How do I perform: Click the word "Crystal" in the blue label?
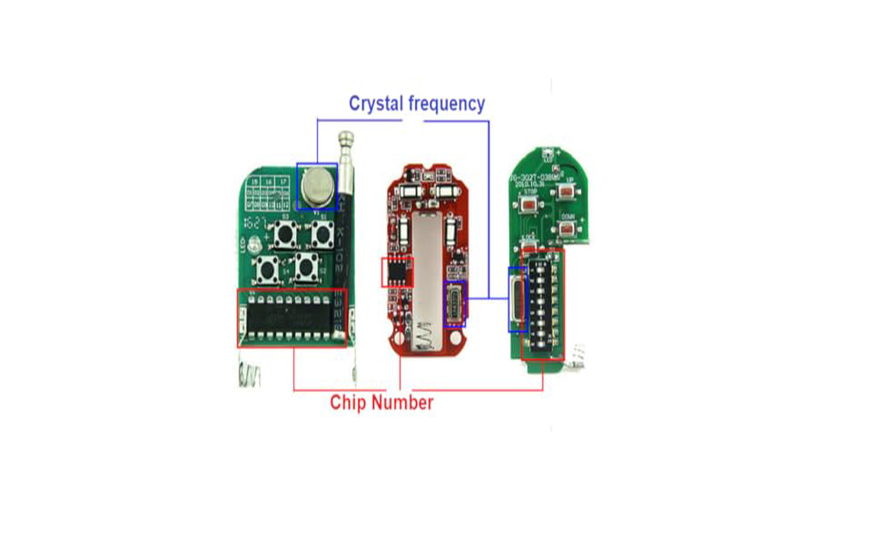coord(377,104)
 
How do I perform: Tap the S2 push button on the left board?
coord(268,269)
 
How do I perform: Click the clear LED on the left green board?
coord(253,244)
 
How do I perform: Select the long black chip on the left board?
coord(291,318)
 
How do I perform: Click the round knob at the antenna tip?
coord(346,139)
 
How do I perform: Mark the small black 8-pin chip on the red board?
coord(396,271)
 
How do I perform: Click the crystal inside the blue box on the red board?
coord(453,302)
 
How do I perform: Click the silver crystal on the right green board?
coord(517,300)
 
